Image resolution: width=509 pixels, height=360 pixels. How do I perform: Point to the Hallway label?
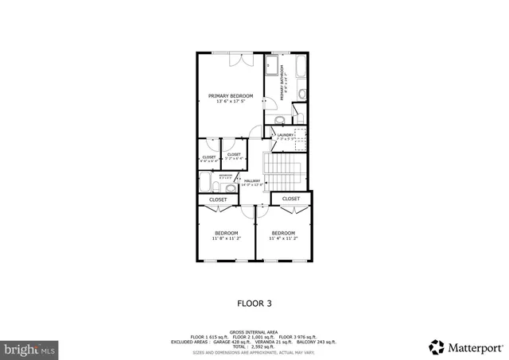click(x=253, y=183)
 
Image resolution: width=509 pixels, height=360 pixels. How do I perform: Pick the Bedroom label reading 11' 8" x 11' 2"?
click(x=226, y=235)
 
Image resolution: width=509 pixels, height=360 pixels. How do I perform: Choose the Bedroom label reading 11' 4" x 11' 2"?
click(x=283, y=235)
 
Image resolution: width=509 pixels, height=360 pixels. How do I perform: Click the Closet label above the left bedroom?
click(x=218, y=199)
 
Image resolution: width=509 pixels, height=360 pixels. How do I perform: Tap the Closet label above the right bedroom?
click(x=291, y=199)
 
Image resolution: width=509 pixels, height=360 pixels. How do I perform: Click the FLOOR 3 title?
click(x=254, y=303)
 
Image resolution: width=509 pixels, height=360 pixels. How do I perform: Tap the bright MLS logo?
click(x=29, y=348)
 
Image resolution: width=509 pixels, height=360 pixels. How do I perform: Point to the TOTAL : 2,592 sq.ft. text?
click(x=254, y=346)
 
